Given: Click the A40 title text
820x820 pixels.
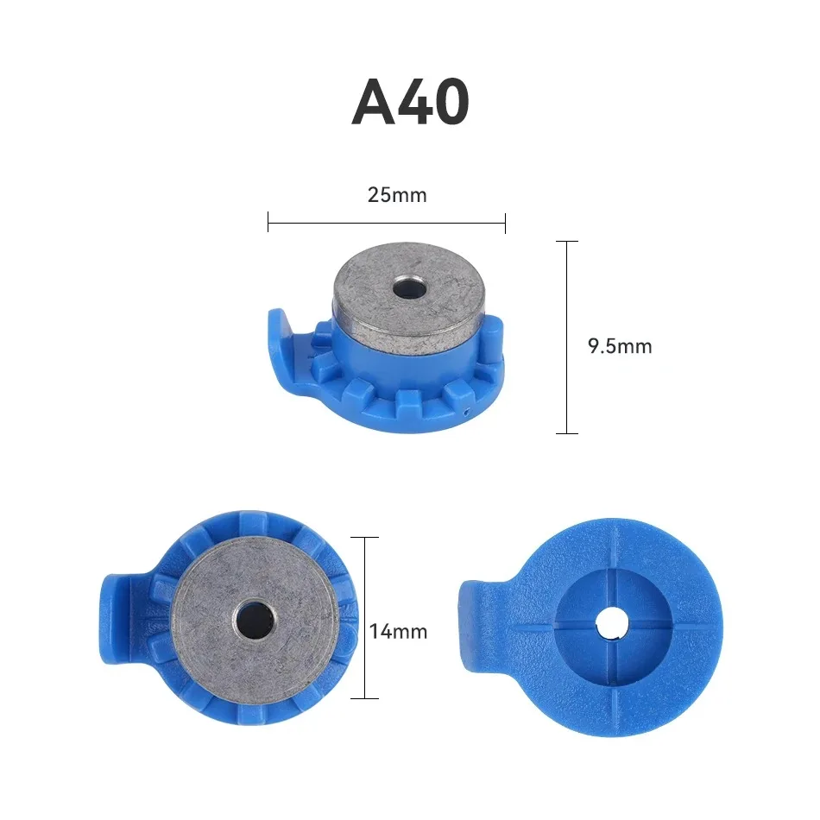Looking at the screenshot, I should coord(410,103).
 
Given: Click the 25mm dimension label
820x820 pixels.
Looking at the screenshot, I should coord(397,195).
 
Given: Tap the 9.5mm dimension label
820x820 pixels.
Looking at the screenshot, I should coord(619,347).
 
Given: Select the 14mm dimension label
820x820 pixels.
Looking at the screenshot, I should coord(398,631).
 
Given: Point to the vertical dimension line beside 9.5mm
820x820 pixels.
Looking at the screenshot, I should coord(566,337).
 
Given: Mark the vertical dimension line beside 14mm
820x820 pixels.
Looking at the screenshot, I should coord(365,617).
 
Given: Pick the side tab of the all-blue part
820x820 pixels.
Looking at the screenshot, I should coord(474,622).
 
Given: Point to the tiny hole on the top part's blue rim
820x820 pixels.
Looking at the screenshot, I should coord(467,412).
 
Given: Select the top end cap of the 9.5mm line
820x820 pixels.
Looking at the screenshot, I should coord(566,242).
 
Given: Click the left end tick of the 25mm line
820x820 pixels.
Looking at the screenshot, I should coord(268,224).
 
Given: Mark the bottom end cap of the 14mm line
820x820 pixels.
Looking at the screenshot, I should coord(365,697).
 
